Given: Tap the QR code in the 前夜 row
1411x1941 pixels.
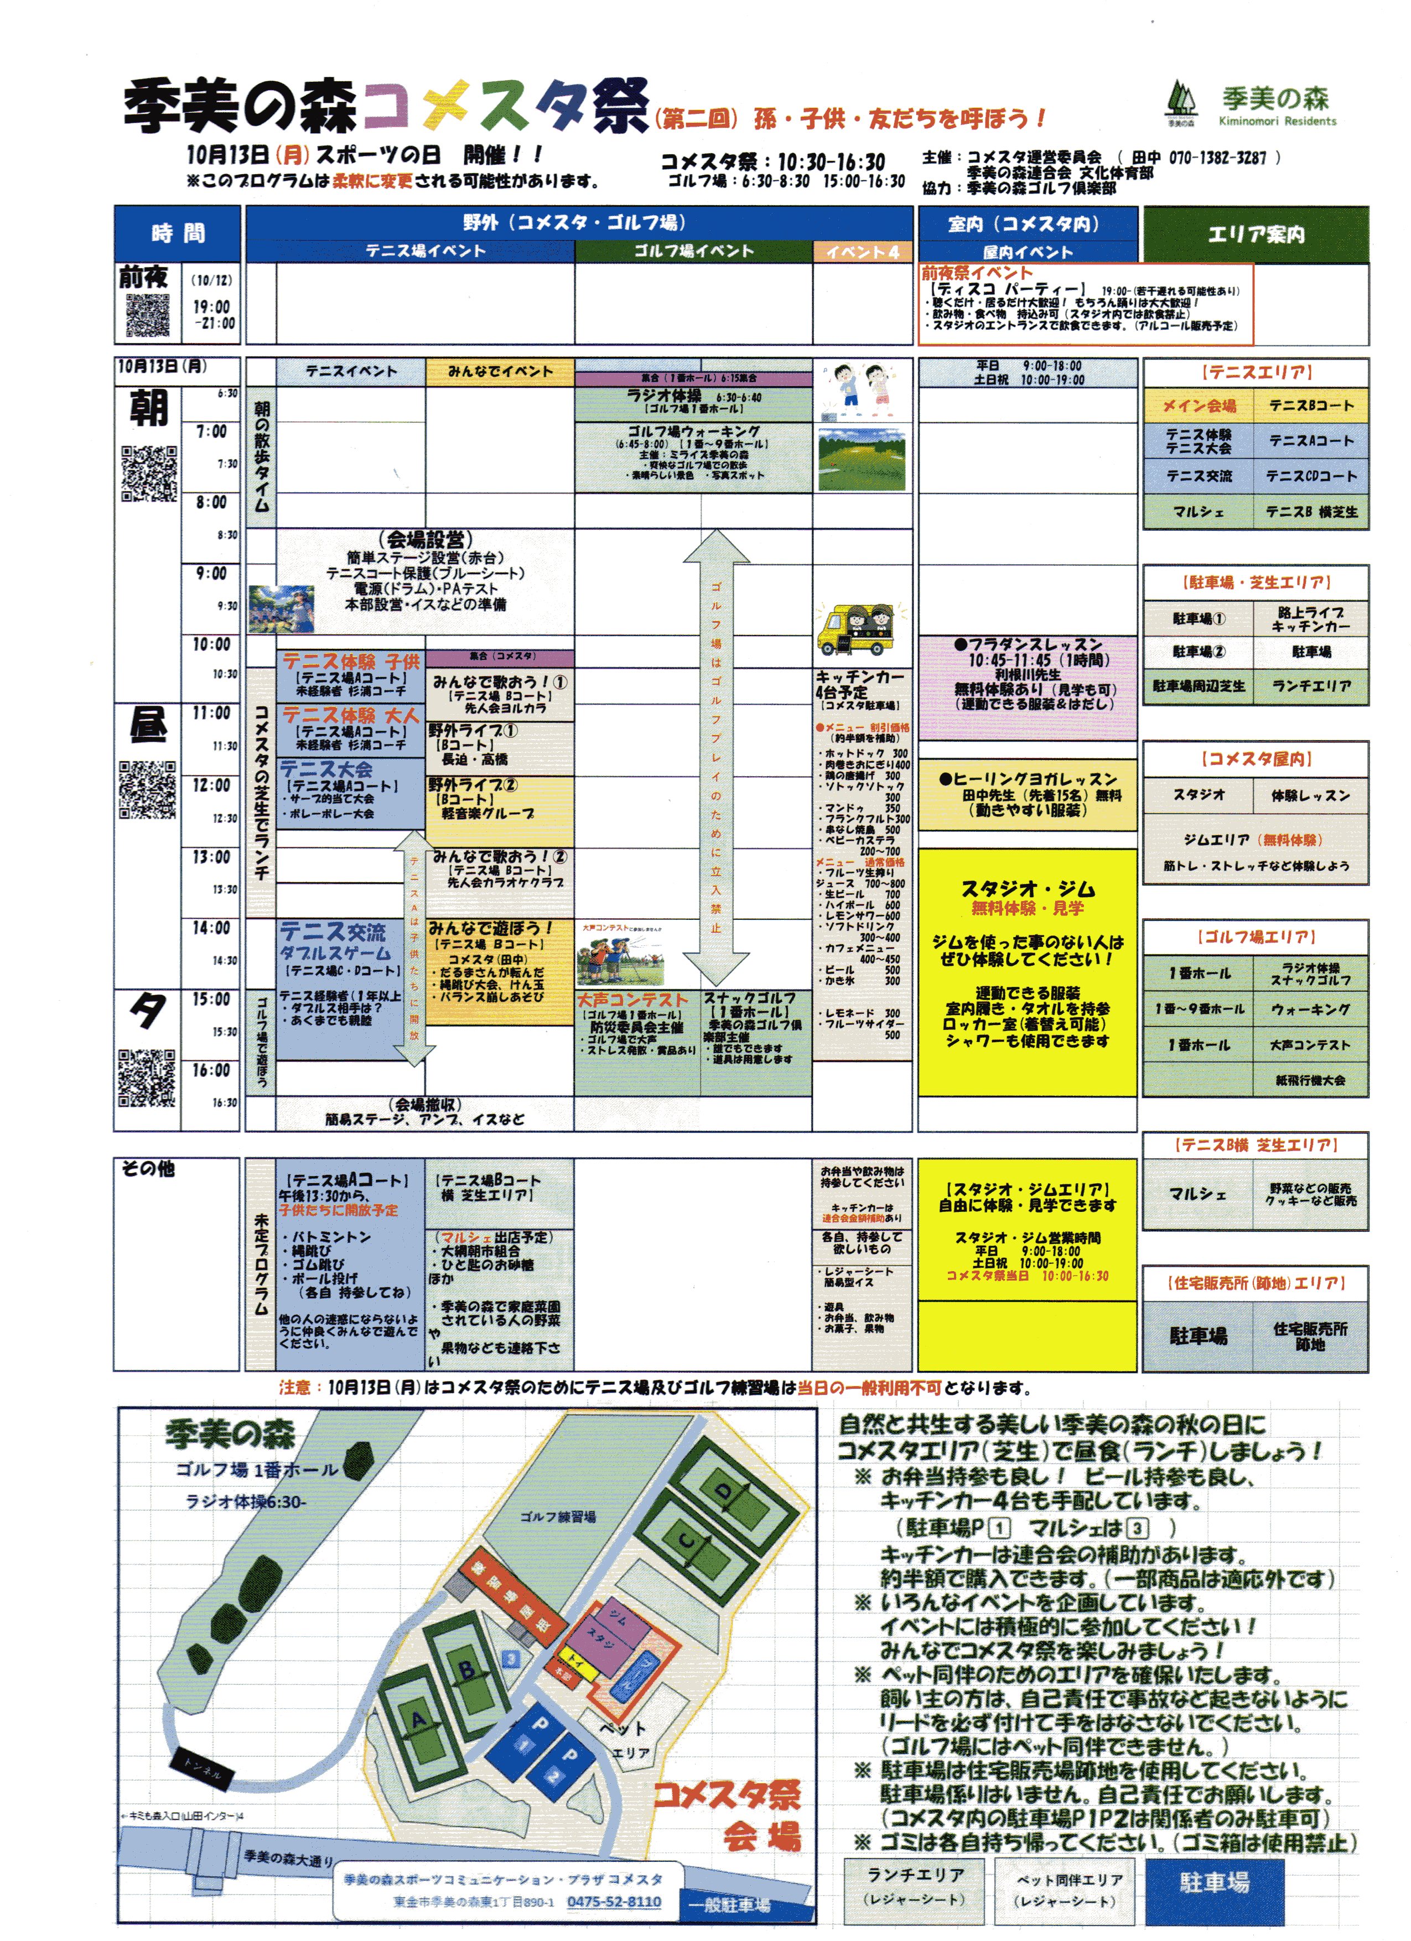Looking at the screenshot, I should (148, 315).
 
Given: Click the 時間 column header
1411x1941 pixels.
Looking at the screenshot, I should (178, 233).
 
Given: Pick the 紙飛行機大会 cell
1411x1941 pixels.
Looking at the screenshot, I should (1310, 1080).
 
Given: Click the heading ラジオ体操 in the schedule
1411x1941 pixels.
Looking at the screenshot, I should (663, 396).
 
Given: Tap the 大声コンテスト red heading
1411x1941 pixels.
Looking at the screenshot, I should (632, 1000).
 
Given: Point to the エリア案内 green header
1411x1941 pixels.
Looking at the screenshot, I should (1255, 233).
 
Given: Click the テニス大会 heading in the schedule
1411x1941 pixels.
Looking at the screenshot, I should (326, 768).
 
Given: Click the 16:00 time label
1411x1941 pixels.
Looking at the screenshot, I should (211, 1070).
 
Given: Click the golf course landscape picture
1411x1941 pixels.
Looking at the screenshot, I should (862, 460).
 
